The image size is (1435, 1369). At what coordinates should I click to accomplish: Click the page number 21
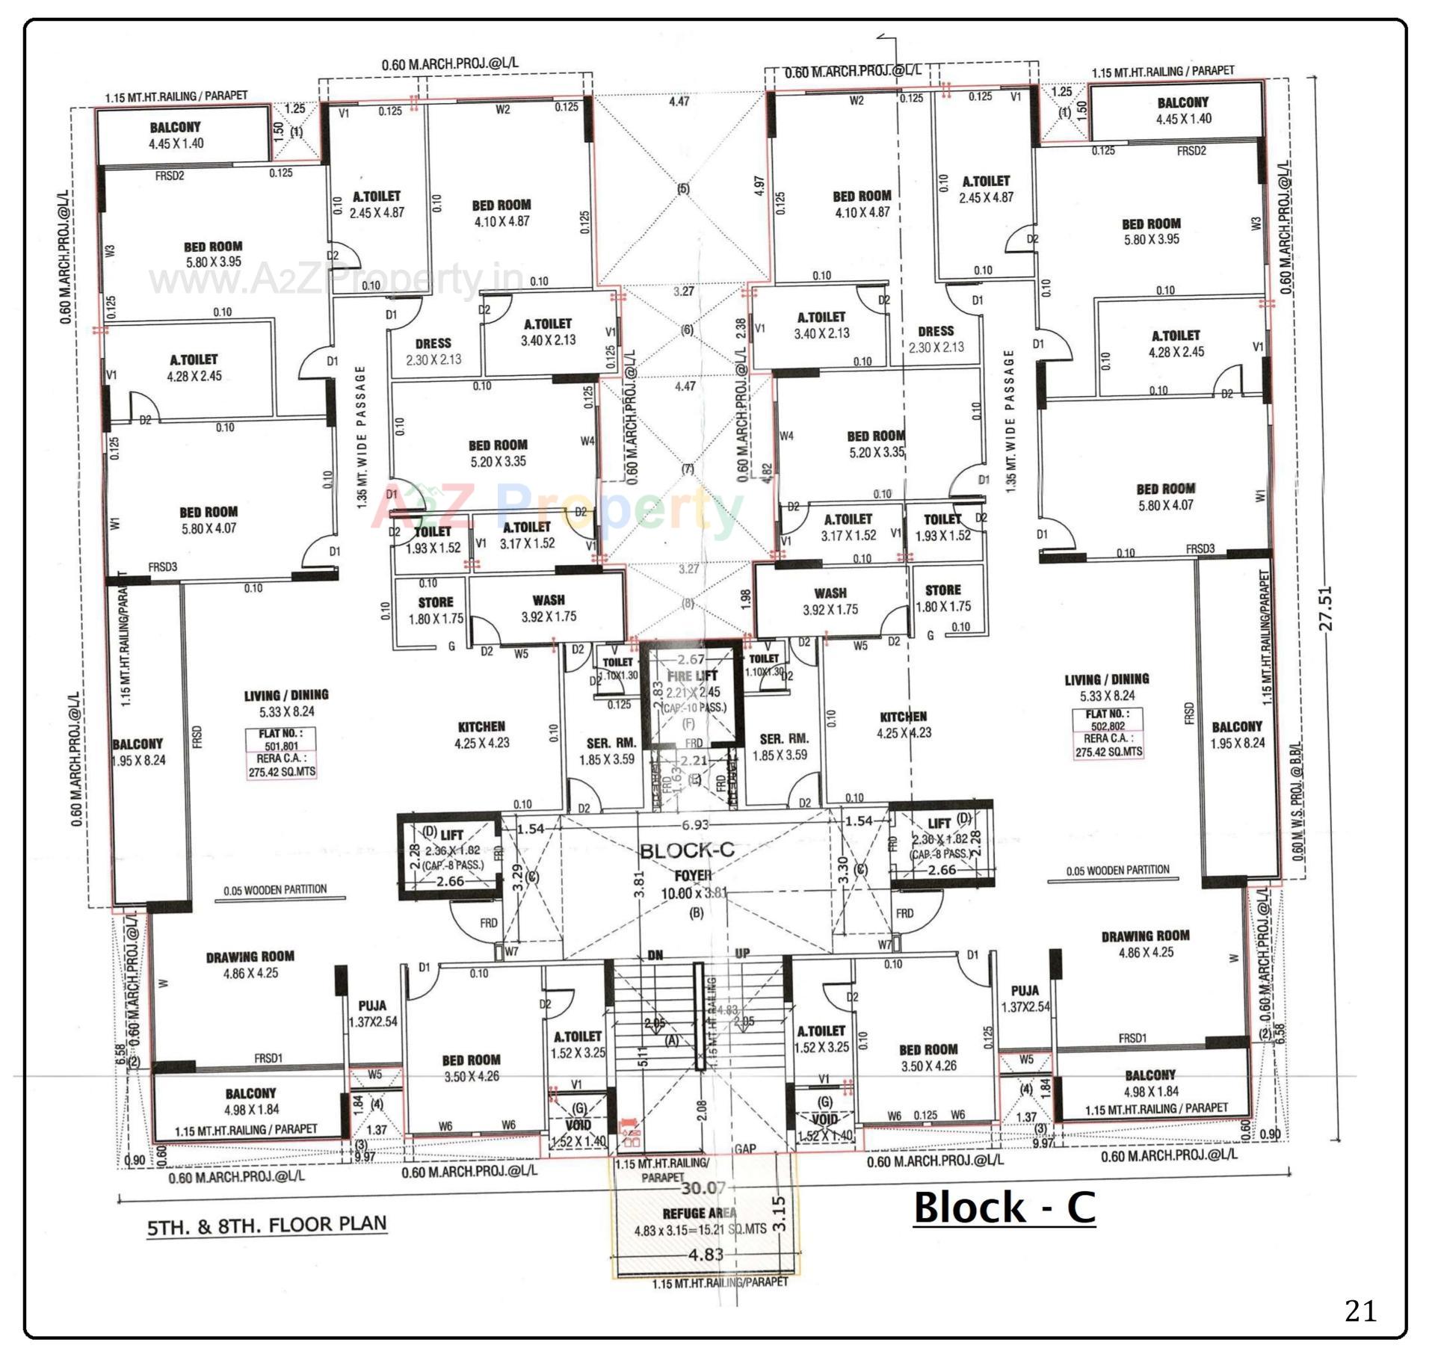(x=1360, y=1310)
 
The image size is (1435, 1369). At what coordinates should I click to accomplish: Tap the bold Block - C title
(x=1004, y=1207)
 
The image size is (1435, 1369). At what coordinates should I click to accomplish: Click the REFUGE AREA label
(x=699, y=1213)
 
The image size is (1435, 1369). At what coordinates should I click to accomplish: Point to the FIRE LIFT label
(x=692, y=676)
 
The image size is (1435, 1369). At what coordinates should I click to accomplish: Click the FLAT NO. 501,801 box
(x=282, y=753)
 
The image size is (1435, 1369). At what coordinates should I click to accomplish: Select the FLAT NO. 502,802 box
(x=1108, y=733)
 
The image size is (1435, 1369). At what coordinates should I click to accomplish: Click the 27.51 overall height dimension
(x=1326, y=608)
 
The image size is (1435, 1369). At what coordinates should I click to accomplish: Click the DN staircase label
(x=655, y=955)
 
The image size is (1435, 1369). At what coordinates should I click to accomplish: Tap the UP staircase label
(x=742, y=954)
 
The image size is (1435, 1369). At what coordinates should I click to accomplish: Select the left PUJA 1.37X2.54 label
(x=372, y=1013)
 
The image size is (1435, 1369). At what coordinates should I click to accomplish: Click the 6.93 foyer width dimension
(x=694, y=825)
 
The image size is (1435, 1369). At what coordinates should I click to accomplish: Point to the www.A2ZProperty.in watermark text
(x=336, y=280)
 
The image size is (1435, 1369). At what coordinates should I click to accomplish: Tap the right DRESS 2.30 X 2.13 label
(x=936, y=339)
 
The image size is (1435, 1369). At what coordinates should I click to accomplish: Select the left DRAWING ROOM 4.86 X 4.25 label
(x=250, y=965)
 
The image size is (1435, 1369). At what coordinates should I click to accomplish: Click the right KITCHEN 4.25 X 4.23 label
(x=903, y=724)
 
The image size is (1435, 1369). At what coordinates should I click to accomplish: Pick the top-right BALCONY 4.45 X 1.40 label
(x=1182, y=111)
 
